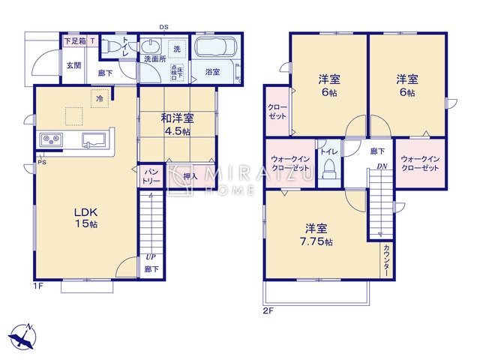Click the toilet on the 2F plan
[328, 172]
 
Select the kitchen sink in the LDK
[92, 139]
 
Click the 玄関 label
[73, 65]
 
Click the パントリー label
[151, 176]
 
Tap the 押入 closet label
[190, 176]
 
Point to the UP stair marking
[151, 256]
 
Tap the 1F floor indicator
[37, 286]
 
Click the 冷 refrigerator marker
[99, 97]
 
